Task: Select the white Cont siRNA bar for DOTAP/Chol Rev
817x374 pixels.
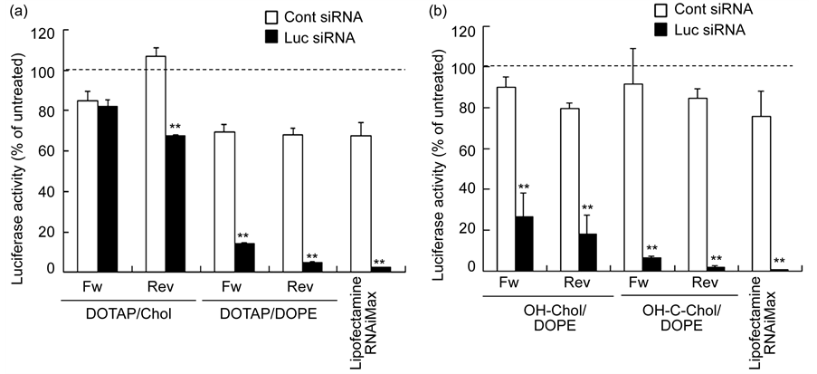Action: tap(156, 164)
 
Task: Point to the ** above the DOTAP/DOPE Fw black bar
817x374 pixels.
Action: tap(243, 236)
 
